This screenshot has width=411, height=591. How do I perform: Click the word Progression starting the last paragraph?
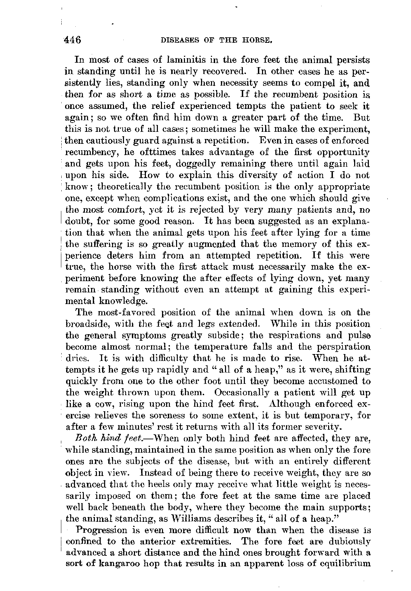click(x=102, y=530)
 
